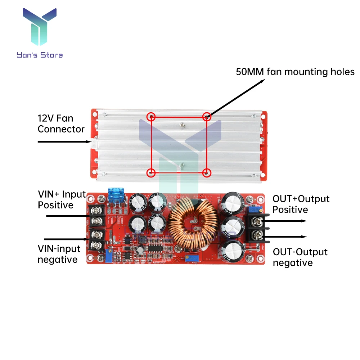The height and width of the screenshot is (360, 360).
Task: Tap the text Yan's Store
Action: (40, 55)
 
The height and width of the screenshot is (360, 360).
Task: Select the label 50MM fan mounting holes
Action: (295, 72)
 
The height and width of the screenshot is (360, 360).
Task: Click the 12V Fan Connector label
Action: (61, 123)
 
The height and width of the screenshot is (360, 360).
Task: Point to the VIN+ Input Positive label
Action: (62, 200)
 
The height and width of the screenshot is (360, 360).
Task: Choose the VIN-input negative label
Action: (58, 254)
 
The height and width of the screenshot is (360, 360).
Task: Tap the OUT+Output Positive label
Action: (301, 204)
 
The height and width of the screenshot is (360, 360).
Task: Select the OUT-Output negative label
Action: (300, 257)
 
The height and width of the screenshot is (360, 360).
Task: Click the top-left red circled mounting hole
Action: (152, 116)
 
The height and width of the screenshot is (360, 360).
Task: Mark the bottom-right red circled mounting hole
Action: (206, 172)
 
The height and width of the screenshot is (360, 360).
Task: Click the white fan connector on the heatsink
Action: (94, 144)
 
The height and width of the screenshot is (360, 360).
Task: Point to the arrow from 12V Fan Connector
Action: (65, 142)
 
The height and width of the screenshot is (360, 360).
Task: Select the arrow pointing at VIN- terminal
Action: (67, 239)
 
